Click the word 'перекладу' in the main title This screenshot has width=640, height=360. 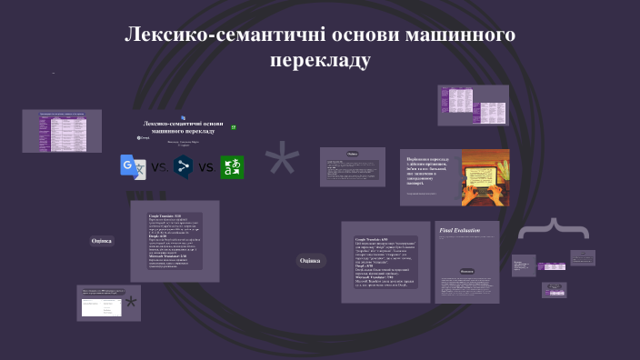[x=320, y=61]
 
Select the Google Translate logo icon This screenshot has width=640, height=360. [x=132, y=166]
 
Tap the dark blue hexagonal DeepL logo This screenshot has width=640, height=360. [x=184, y=166]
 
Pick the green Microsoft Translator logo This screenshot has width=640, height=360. [x=233, y=166]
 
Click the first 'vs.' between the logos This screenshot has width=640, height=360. [x=158, y=167]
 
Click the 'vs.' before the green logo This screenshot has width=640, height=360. [x=208, y=167]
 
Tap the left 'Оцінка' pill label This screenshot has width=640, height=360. [x=102, y=241]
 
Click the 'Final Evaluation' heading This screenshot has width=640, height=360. [x=458, y=231]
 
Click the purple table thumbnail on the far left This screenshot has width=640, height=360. [x=62, y=130]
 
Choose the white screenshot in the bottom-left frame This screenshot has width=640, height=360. [x=102, y=307]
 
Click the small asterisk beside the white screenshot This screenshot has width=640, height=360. [x=132, y=303]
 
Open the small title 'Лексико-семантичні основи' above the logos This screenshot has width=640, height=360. [x=183, y=126]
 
